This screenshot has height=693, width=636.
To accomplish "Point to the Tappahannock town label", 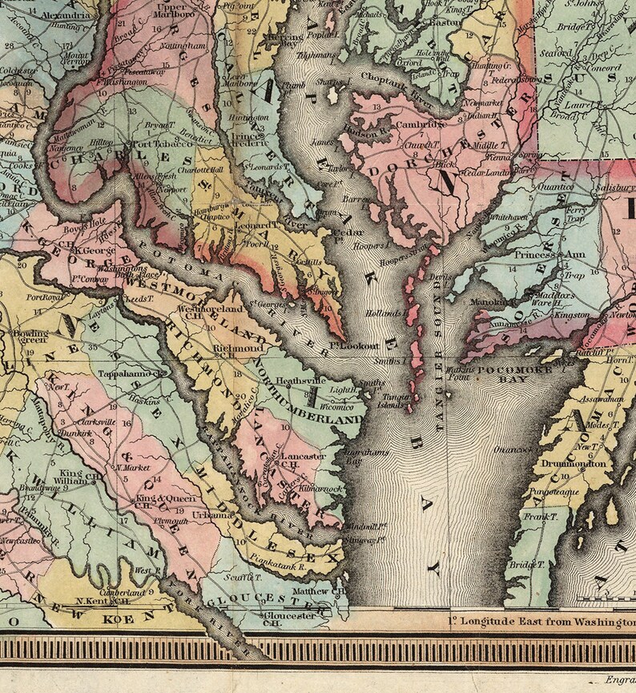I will tap(130, 373).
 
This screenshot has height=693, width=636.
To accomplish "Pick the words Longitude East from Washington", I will tap(541, 622).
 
